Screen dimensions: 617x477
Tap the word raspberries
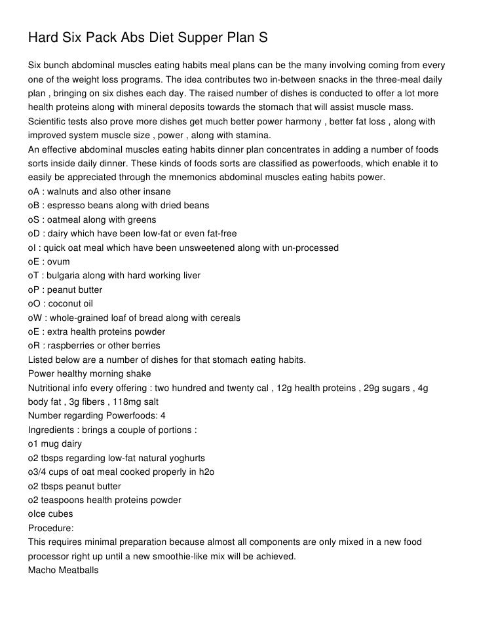[x=73, y=345]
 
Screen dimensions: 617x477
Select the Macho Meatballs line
[x=64, y=570]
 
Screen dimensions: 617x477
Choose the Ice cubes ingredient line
[x=50, y=514]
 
